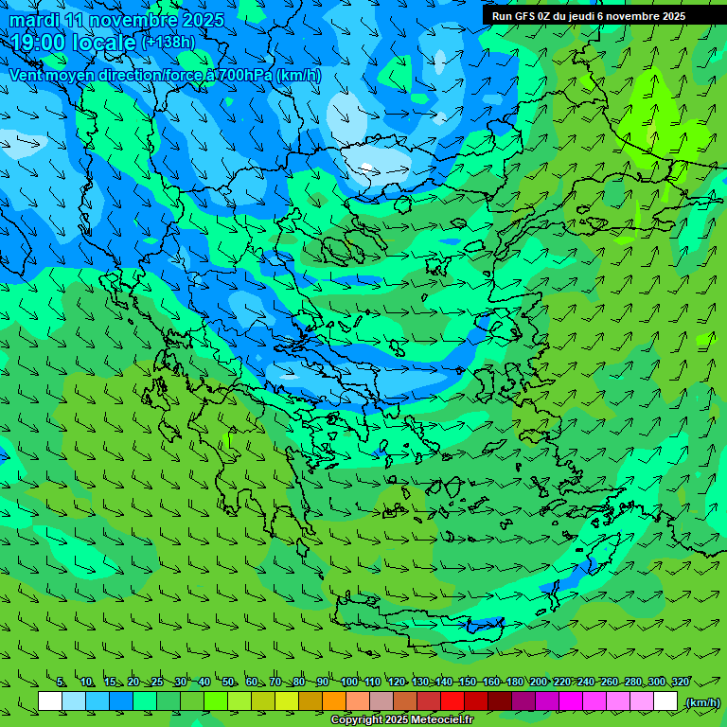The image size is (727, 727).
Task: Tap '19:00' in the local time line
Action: pyautogui.click(x=39, y=43)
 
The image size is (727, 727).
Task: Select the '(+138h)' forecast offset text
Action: pyautogui.click(x=168, y=43)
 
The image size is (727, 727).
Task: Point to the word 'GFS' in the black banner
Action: pyautogui.click(x=523, y=16)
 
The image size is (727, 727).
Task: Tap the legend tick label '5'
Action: pyautogui.click(x=61, y=682)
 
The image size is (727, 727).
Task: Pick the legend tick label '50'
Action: pyautogui.click(x=228, y=682)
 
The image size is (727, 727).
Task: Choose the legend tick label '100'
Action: pyautogui.click(x=348, y=682)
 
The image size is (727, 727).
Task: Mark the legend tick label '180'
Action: pyautogui.click(x=515, y=682)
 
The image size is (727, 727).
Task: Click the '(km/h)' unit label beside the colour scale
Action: pyautogui.click(x=701, y=702)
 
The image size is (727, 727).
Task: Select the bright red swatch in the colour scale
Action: pyautogui.click(x=452, y=701)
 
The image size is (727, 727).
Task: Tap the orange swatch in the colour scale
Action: pyautogui.click(x=334, y=701)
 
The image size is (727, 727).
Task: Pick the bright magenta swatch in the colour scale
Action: pyautogui.click(x=571, y=701)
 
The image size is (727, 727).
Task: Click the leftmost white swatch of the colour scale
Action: pyautogui.click(x=50, y=701)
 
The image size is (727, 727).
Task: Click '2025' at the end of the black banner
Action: pyautogui.click(x=673, y=16)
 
